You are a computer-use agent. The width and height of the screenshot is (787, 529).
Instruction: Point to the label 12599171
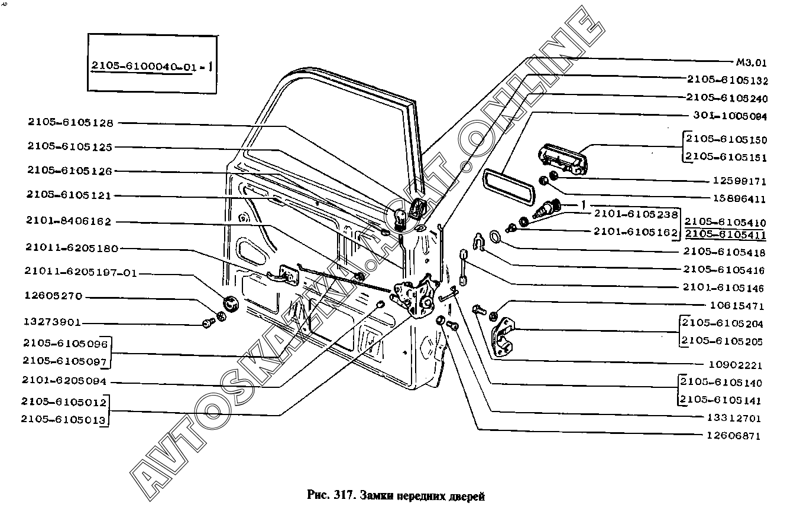pyautogui.click(x=735, y=181)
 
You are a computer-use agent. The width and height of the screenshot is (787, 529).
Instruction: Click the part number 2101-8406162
pyautogui.click(x=69, y=221)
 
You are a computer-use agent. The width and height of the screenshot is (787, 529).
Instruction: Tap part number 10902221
pyautogui.click(x=735, y=365)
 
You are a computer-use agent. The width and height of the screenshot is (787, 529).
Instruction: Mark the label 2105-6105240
pyautogui.click(x=727, y=97)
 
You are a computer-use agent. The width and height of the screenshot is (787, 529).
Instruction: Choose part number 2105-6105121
pyautogui.click(x=69, y=195)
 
